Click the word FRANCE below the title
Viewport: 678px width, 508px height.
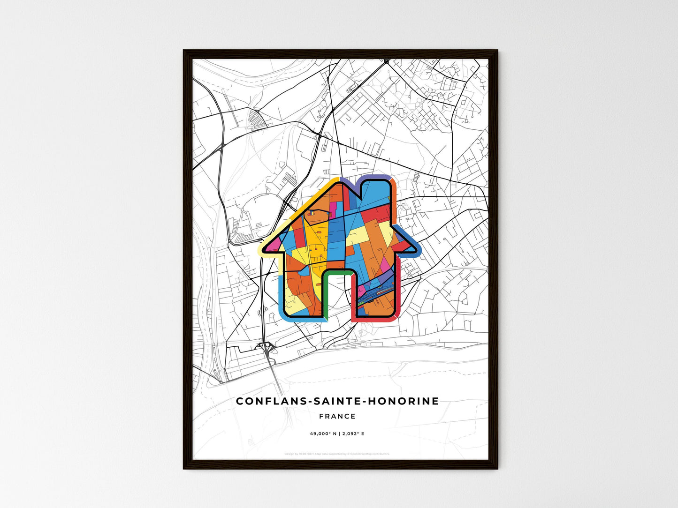pyautogui.click(x=337, y=416)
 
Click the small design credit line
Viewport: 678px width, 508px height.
pyautogui.click(x=337, y=454)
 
